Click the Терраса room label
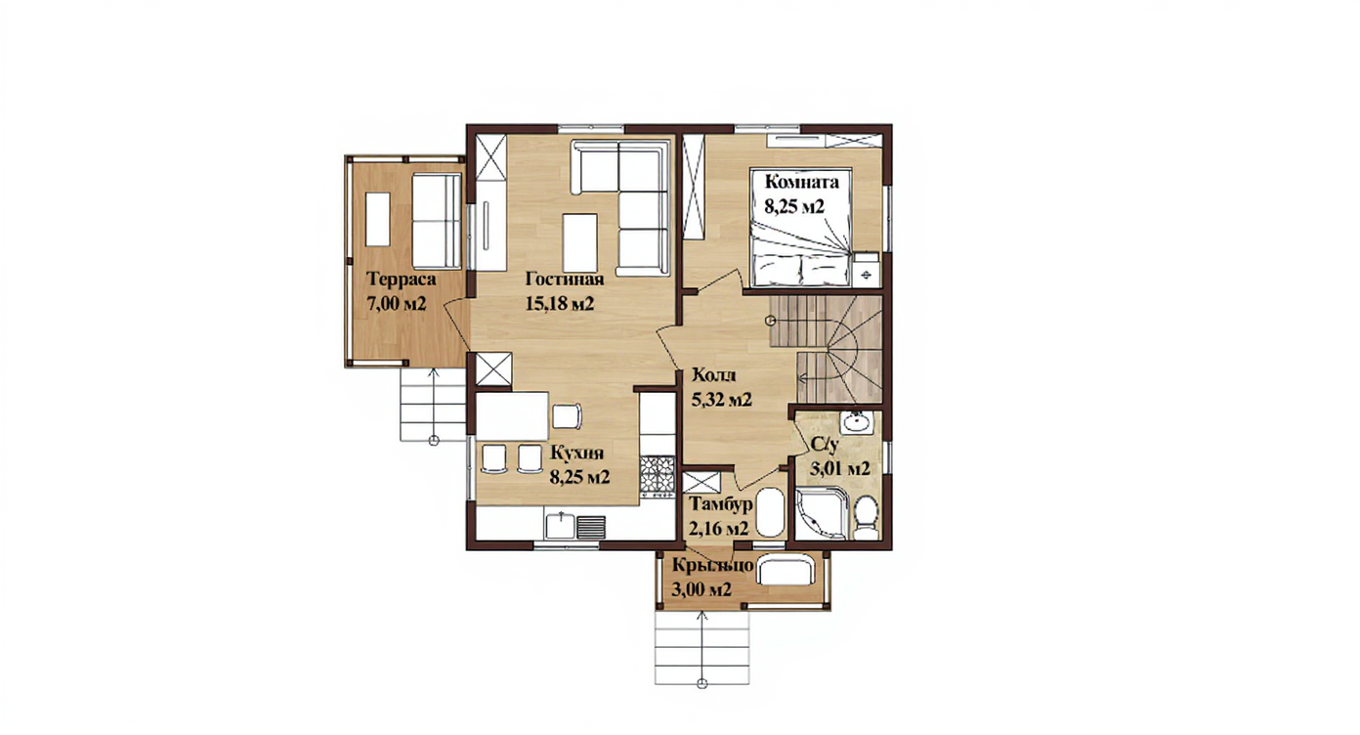[402, 280]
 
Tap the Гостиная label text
[565, 280]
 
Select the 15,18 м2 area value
[559, 304]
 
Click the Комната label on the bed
[801, 182]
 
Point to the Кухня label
[576, 454]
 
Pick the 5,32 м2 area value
[722, 399]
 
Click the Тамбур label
[721, 504]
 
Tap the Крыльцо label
[713, 566]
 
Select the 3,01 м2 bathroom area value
[840, 468]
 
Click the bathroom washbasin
[857, 422]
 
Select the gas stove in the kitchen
[657, 477]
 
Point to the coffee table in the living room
[579, 242]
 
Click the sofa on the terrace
[437, 221]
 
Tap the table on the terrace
[377, 219]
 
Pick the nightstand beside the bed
[866, 270]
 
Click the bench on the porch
[786, 569]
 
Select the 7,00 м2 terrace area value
[397, 304]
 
